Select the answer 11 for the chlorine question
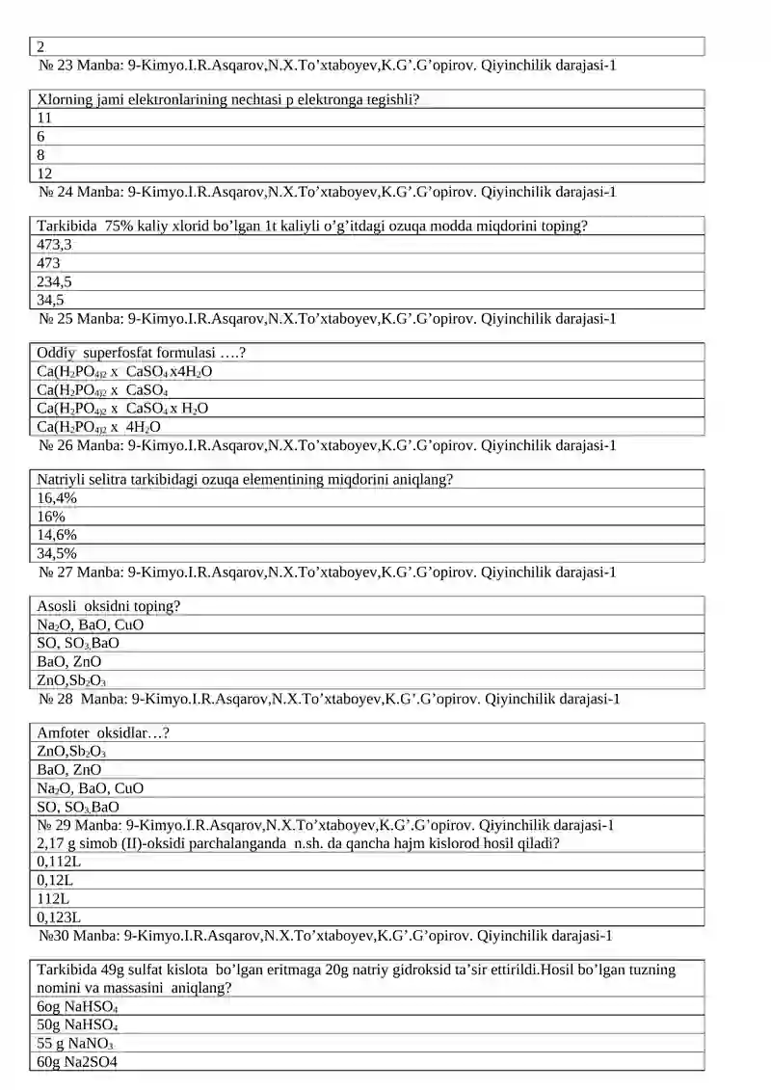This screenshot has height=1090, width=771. tap(44, 118)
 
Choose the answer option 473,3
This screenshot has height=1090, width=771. tap(54, 245)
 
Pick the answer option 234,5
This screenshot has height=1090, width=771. tap(54, 281)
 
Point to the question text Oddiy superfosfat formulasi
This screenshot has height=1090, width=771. tap(134, 353)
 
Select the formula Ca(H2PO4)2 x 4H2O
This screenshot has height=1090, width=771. tap(98, 426)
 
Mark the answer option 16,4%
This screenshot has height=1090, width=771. tap(57, 498)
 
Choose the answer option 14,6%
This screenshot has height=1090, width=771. tap(57, 535)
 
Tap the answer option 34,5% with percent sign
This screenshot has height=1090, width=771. tap(57, 553)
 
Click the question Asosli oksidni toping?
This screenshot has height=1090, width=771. tap(109, 606)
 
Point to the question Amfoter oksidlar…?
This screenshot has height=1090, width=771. tap(104, 733)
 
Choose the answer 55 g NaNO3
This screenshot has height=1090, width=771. tap(75, 1044)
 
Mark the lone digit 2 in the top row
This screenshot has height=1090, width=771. tap(41, 46)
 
